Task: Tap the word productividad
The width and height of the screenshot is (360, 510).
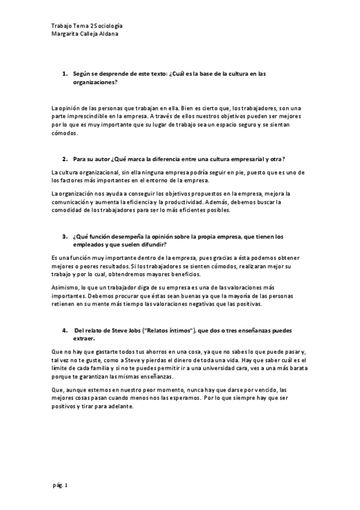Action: [x=183, y=201]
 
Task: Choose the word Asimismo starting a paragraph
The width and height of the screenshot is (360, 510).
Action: [x=66, y=287]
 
